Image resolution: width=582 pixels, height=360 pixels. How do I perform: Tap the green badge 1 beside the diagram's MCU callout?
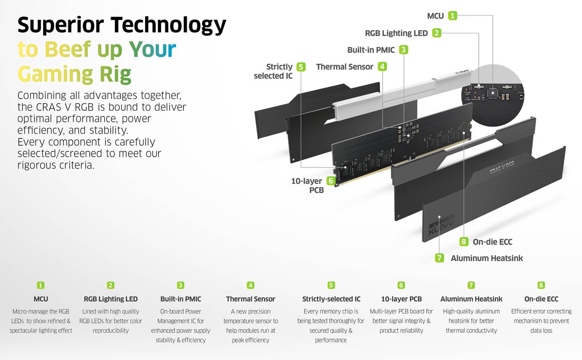pos(453,16)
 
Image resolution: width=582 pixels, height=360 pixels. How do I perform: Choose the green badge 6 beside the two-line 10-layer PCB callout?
pos(331,181)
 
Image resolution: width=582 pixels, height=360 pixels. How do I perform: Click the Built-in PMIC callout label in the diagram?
pos(371,50)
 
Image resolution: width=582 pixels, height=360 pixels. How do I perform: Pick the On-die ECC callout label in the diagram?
pos(492,242)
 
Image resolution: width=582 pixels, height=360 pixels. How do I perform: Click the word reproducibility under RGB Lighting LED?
pos(111,331)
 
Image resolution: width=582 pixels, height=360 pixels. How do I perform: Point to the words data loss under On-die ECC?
pos(541,331)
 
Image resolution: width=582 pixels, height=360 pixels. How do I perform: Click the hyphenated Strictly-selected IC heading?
pos(331,299)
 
